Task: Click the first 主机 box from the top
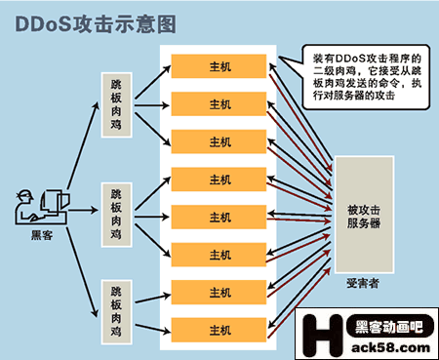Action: (220, 66)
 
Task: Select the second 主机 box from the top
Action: (220, 103)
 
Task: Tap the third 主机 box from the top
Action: (220, 141)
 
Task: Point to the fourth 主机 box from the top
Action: (220, 180)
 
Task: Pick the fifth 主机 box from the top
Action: (220, 217)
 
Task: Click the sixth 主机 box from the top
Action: (220, 254)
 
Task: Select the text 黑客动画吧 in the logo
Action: (386, 326)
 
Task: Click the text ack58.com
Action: (386, 346)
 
